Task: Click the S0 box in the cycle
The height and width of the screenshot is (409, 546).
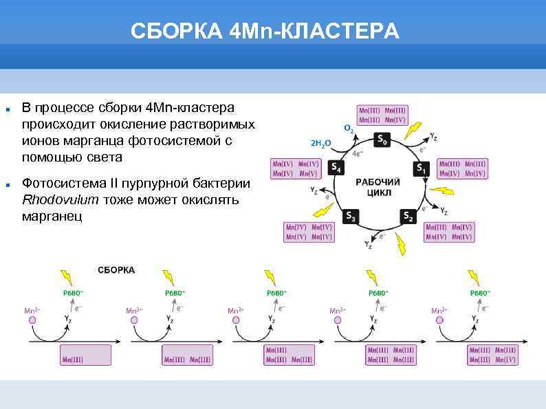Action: point(382,140)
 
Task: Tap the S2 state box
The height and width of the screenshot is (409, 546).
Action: point(408,217)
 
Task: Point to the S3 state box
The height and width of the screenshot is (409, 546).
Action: point(351,217)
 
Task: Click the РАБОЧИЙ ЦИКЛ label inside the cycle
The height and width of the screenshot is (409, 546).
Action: point(378,188)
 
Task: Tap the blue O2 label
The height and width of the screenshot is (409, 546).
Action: point(349,129)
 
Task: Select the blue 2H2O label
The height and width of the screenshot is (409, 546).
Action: point(321,144)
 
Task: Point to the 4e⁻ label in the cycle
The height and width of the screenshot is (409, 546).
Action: point(358,154)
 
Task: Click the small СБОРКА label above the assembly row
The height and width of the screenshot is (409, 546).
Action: point(116,270)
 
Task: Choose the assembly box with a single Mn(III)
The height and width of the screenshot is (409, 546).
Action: point(85,355)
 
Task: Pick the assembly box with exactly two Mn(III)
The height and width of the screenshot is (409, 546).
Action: point(187,355)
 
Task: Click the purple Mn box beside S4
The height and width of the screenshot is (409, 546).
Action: point(296,168)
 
